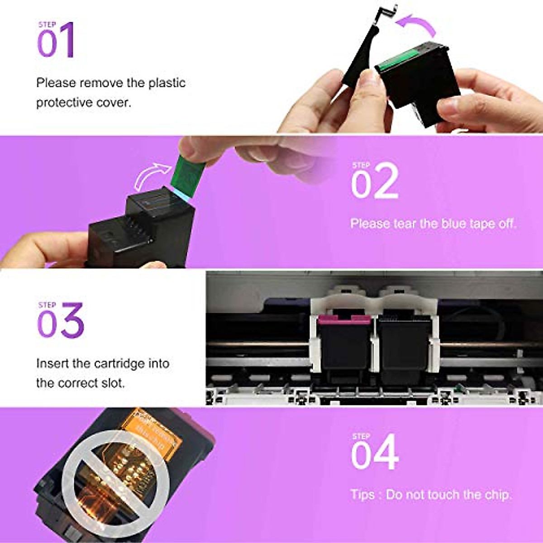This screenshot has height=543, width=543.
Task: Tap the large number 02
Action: tap(375, 182)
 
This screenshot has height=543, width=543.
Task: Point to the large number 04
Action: tap(375, 453)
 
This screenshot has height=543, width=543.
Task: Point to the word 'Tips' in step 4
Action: tap(362, 495)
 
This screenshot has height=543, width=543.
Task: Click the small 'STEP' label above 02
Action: tap(361, 165)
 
